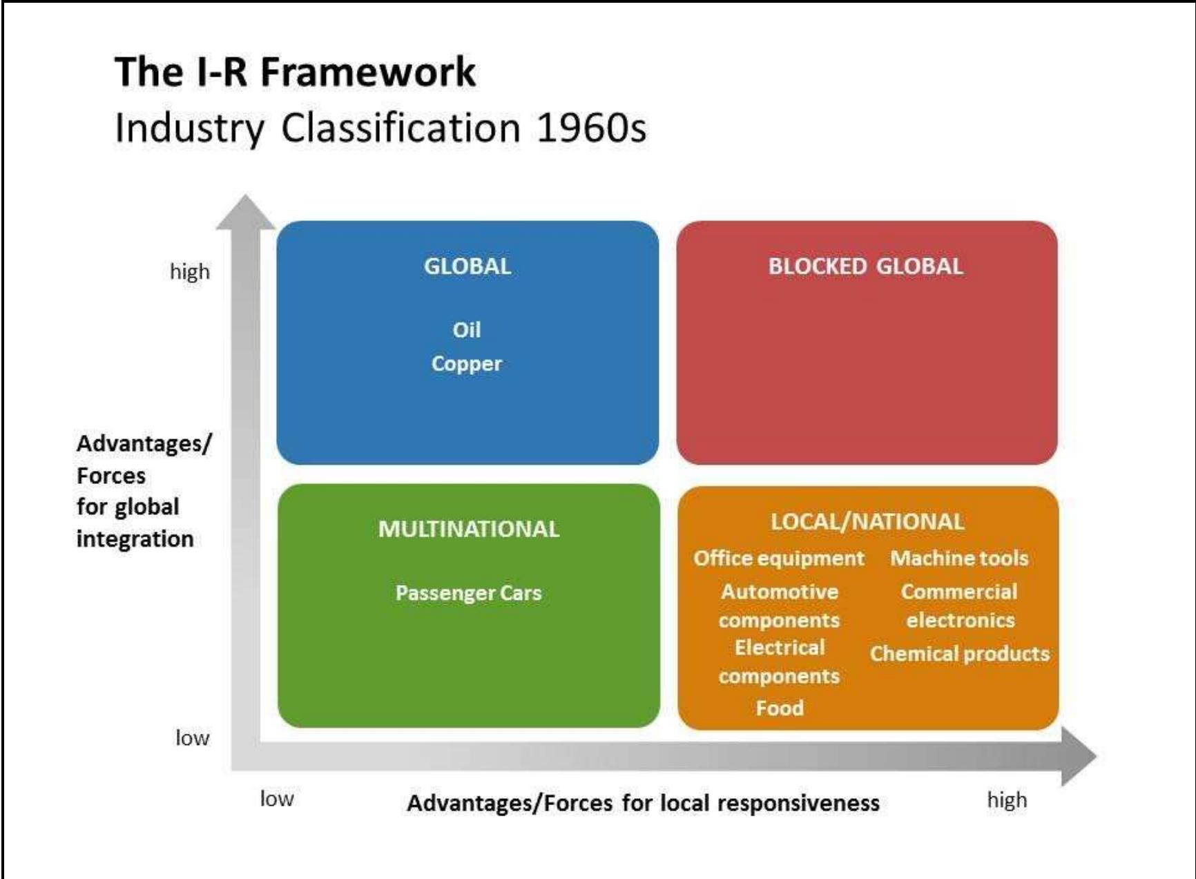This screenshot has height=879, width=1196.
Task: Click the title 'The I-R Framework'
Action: click(295, 72)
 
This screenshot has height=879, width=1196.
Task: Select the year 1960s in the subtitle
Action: click(591, 128)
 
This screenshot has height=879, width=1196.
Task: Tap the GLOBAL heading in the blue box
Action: click(467, 267)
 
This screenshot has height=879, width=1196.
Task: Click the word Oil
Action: click(467, 330)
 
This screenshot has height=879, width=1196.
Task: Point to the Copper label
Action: click(467, 364)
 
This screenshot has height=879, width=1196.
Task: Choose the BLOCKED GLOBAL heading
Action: click(865, 267)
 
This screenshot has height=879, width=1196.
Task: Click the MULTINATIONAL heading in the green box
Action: click(469, 529)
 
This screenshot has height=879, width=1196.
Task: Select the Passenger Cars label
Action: click(469, 593)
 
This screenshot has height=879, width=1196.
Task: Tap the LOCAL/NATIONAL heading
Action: click(867, 521)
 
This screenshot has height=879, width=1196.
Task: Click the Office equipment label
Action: click(779, 558)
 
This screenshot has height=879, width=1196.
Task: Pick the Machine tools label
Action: click(959, 558)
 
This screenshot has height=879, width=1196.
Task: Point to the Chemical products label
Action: click(959, 653)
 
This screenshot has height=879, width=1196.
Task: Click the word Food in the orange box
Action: click(780, 708)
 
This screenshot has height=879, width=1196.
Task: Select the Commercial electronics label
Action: click(959, 606)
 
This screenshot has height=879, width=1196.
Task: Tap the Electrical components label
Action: click(780, 661)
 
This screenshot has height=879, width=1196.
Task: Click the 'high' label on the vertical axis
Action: click(190, 271)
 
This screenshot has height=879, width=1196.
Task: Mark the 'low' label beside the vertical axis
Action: click(192, 738)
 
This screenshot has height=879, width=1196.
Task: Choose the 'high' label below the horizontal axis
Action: click(1007, 800)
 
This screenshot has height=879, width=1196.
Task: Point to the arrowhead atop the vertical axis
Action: click(245, 211)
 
